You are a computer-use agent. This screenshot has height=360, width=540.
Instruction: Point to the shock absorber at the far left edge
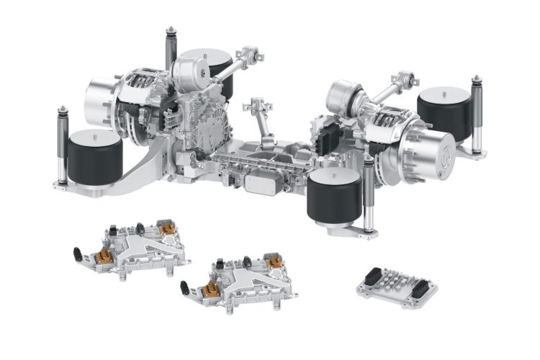(x=61, y=148)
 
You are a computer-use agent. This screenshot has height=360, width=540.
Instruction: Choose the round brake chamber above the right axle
(x=344, y=97)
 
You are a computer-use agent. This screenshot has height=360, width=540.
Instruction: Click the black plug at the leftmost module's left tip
(x=76, y=253)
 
